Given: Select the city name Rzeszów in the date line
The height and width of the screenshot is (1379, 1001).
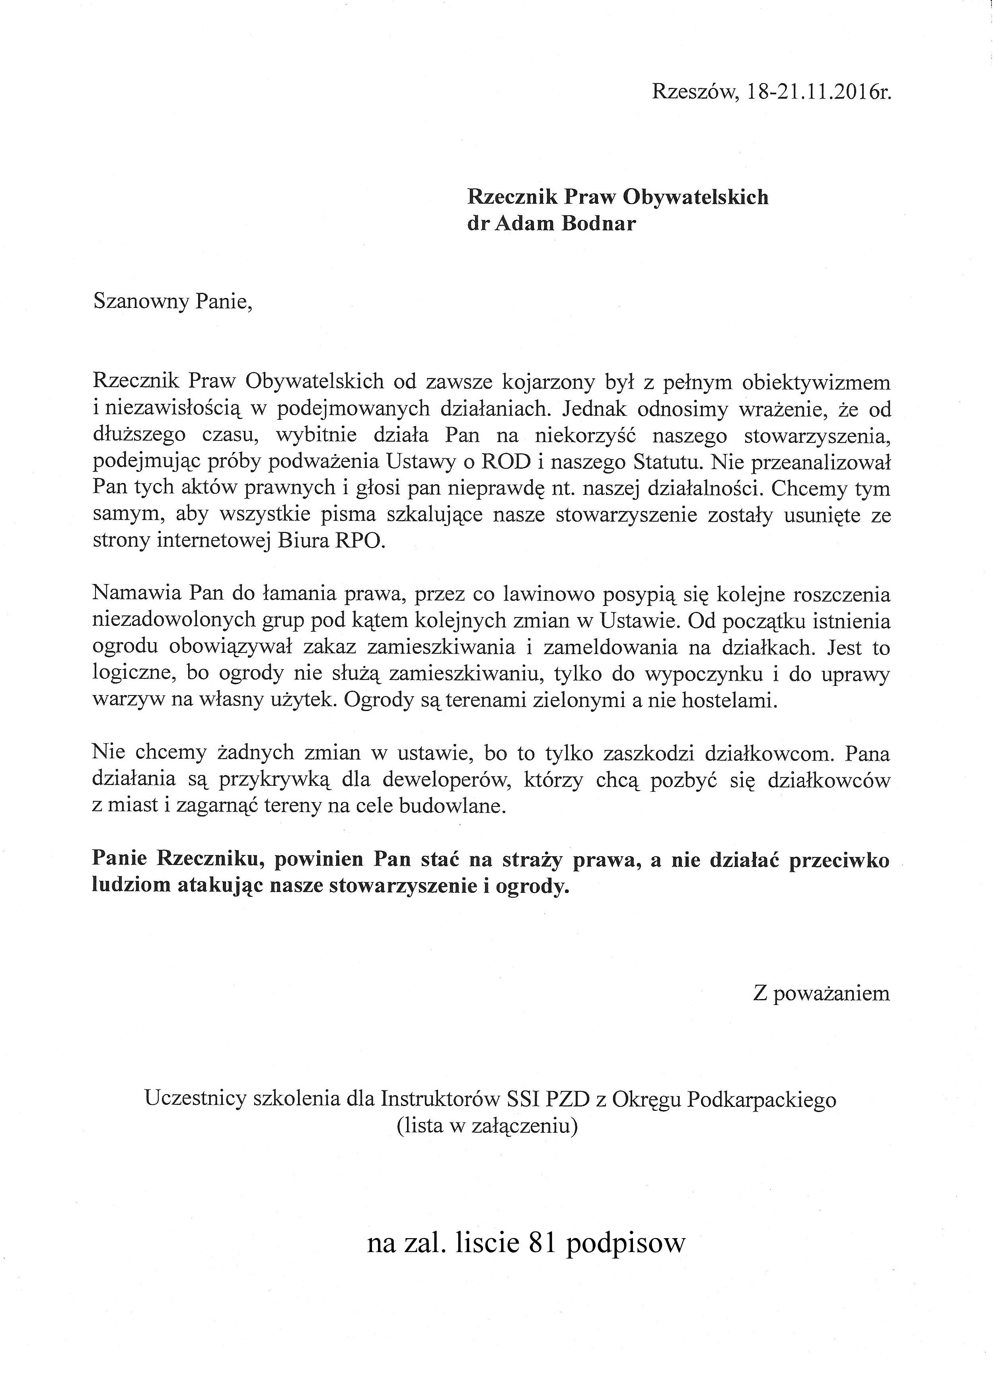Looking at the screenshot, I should [x=693, y=92].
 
